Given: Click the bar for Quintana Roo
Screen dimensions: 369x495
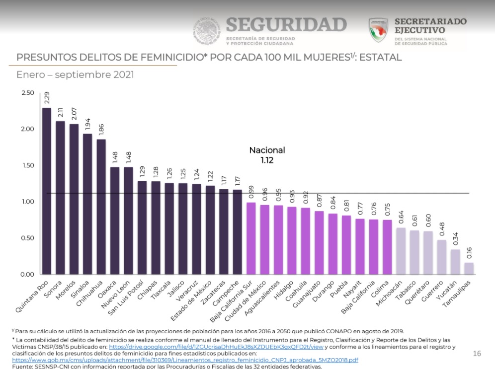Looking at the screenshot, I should point(47,191).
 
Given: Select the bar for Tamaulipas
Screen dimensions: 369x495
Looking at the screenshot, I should point(469,269).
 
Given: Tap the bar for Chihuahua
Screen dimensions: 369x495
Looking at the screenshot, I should point(101,207).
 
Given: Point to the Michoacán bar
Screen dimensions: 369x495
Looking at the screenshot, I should point(401,251).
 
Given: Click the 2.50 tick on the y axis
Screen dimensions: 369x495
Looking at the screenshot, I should point(28,93).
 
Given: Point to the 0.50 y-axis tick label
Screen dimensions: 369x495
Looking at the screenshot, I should point(28,238).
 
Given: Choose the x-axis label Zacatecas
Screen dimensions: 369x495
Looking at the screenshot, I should point(215,292).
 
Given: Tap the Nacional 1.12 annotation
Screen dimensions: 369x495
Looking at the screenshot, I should point(267,155).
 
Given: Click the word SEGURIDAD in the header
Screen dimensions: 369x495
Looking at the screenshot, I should point(286,25).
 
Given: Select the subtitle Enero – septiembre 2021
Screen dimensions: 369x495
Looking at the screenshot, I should point(75,75).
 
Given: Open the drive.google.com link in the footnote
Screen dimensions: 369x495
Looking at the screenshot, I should point(216,347).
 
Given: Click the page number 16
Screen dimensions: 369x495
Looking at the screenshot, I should point(477,354).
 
